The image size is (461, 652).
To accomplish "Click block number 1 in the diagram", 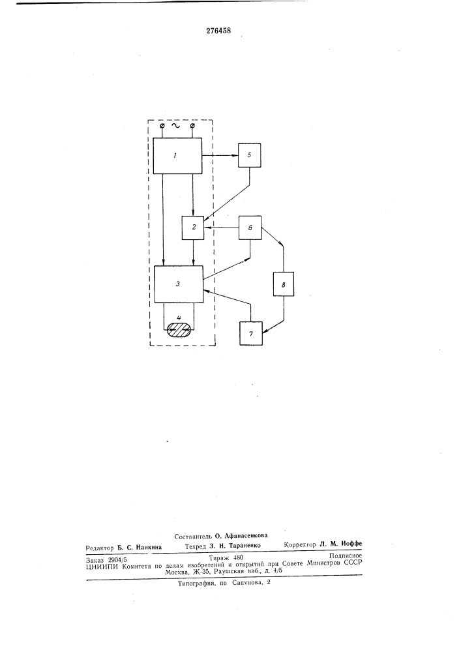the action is pyautogui.click(x=177, y=156).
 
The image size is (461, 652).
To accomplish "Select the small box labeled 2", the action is pyautogui.click(x=193, y=228).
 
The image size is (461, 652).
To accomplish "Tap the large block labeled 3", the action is pyautogui.click(x=178, y=284).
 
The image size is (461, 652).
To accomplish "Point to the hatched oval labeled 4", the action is pyautogui.click(x=179, y=331).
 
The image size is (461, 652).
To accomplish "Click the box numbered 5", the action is pyautogui.click(x=250, y=155).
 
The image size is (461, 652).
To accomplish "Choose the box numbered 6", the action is pyautogui.click(x=250, y=228).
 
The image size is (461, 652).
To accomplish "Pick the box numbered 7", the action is pyautogui.click(x=251, y=333).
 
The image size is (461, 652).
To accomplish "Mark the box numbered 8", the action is pyautogui.click(x=284, y=284).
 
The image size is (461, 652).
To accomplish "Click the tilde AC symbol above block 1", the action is pyautogui.click(x=177, y=126).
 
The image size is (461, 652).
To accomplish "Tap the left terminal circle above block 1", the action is pyautogui.click(x=162, y=126).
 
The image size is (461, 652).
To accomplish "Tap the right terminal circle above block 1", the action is pyautogui.click(x=192, y=126).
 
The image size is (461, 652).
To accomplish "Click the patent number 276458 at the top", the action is pyautogui.click(x=218, y=31).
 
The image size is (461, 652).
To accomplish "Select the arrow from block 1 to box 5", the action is pyautogui.click(x=220, y=156).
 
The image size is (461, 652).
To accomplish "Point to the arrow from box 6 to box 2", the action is pyautogui.click(x=221, y=228).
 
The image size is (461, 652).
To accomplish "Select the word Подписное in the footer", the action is pyautogui.click(x=346, y=555).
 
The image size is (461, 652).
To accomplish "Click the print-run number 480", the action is pyautogui.click(x=238, y=557).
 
